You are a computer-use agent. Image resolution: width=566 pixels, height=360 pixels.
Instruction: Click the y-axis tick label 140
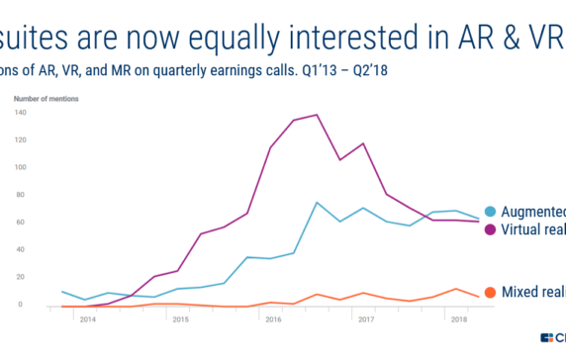pyautogui.click(x=19, y=113)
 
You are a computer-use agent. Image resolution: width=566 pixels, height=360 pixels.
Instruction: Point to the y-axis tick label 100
pyautogui.click(x=19, y=167)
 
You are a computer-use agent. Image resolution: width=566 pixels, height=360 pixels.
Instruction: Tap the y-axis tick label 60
pyautogui.click(x=20, y=223)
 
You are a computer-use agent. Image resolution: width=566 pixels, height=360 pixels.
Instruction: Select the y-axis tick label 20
pyautogui.click(x=20, y=277)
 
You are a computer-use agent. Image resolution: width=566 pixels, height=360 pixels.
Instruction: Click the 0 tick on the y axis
pyautogui.click(x=22, y=305)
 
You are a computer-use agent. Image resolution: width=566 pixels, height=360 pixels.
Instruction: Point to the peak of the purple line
pyautogui.click(x=316, y=115)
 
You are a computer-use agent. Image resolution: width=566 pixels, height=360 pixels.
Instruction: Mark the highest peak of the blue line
pyautogui.click(x=316, y=203)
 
